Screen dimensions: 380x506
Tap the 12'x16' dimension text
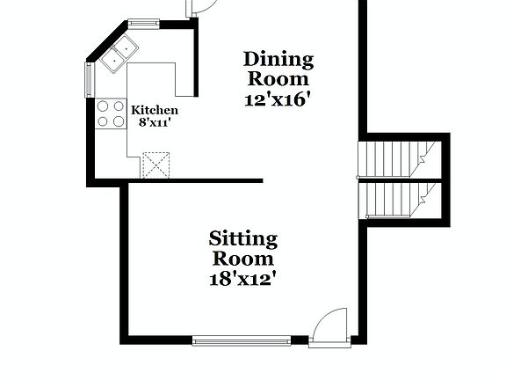point(278,99)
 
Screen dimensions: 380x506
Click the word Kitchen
point(155,110)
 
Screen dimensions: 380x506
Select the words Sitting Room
point(243,249)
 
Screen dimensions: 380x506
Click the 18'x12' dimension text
point(243,280)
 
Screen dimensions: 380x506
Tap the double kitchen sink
point(119,54)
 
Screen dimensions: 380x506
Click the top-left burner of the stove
point(102,106)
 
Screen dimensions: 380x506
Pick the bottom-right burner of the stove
point(118,121)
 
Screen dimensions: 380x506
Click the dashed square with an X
point(155,164)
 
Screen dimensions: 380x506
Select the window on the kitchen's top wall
point(143,24)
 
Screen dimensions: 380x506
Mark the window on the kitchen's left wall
point(89,79)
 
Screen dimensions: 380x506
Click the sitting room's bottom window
point(242,340)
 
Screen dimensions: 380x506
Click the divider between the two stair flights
point(400,179)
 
